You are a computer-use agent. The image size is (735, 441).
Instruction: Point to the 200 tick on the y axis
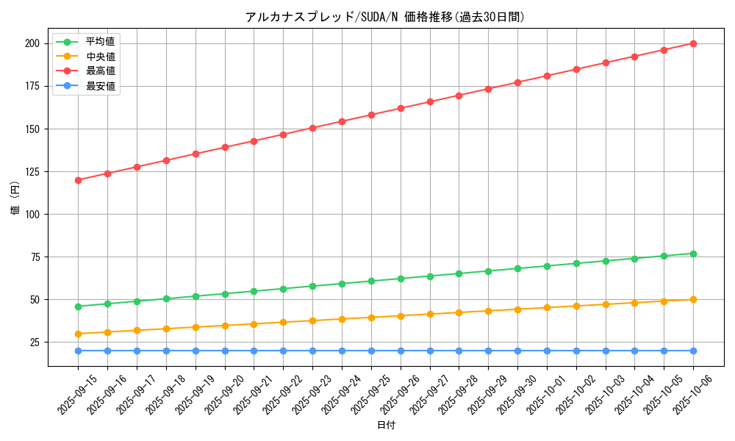click(x=32, y=43)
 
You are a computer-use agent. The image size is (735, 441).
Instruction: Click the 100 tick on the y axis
click(x=32, y=215)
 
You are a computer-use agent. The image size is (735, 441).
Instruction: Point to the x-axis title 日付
click(x=386, y=426)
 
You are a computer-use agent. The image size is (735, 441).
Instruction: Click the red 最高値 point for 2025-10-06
click(x=693, y=43)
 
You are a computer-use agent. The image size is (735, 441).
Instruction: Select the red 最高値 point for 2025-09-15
click(x=78, y=180)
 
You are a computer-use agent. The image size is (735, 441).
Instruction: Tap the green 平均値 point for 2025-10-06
click(x=693, y=254)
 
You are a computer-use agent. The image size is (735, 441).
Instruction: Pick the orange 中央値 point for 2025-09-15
click(x=78, y=334)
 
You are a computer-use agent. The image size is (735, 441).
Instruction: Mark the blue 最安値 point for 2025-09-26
click(x=401, y=351)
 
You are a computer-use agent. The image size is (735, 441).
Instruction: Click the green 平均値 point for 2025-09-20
click(x=225, y=294)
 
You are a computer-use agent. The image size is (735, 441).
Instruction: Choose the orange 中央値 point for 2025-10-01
click(x=547, y=307)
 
